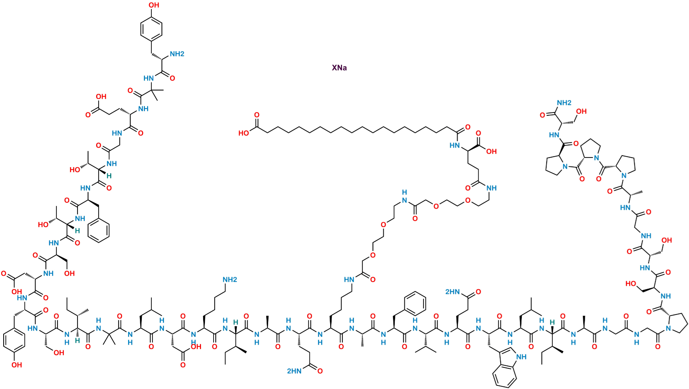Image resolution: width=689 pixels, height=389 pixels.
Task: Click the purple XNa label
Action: pos(339,68)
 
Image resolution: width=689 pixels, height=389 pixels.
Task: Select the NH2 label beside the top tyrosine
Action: pos(177,54)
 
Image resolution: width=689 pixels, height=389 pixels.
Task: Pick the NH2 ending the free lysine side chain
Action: pos(230,279)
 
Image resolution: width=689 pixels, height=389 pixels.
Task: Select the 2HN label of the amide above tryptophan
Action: pos(453,292)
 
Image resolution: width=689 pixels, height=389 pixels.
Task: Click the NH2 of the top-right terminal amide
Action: pos(564,103)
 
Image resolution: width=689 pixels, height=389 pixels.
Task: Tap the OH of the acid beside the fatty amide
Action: pos(491,151)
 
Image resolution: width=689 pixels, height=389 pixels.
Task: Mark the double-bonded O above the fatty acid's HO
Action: pos(257,115)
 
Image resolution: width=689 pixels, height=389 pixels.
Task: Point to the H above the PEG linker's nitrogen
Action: pos(404,191)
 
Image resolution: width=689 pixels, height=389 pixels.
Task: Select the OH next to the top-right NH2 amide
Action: pos(582,111)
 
